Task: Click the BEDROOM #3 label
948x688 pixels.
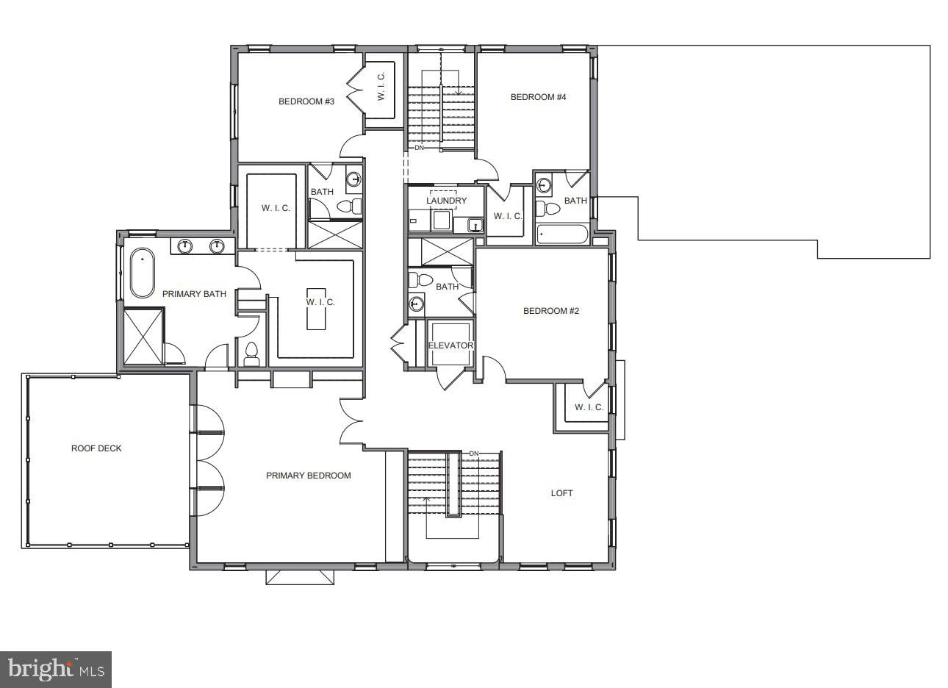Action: tap(306, 101)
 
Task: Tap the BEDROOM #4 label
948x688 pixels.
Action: tap(539, 97)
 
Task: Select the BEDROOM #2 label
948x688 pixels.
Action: tap(551, 311)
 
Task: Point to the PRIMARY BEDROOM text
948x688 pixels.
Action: tap(309, 476)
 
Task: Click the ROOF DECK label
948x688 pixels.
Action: tap(96, 448)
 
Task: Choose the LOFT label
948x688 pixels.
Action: tap(562, 492)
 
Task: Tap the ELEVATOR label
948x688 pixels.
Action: tap(450, 345)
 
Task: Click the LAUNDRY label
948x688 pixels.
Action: tap(447, 200)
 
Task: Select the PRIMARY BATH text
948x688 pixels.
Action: tap(194, 294)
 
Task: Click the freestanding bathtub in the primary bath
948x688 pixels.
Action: tap(143, 273)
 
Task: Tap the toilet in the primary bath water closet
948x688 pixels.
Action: tap(251, 354)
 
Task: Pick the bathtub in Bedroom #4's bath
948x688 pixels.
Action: tap(562, 234)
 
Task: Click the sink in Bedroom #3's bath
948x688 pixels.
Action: tap(354, 179)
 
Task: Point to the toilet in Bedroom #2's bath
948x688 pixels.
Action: tap(420, 279)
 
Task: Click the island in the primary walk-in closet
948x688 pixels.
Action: tap(316, 309)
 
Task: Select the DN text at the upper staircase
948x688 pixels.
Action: tap(419, 148)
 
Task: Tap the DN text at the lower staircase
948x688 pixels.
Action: tap(473, 454)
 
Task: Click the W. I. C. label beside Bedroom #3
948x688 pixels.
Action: tap(381, 87)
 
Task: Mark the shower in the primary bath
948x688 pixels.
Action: tap(143, 337)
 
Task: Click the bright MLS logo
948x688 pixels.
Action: tap(56, 670)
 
